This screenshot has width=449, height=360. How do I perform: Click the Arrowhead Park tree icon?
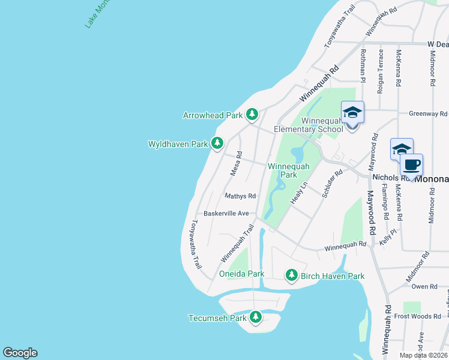(x=252, y=114)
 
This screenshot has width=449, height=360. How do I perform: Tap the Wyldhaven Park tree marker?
(x=217, y=143)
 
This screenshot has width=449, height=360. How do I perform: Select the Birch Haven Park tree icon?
(x=291, y=275)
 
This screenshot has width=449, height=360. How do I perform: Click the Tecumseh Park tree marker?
(x=256, y=317)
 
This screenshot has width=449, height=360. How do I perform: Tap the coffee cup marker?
(x=412, y=165)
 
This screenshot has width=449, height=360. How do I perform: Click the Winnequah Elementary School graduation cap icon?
(x=352, y=112)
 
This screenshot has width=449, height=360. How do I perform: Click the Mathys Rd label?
(x=240, y=196)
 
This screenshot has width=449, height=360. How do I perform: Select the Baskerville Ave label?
(x=226, y=213)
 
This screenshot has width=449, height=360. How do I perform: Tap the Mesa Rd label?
(x=237, y=163)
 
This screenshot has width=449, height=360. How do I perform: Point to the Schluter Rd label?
(x=331, y=184)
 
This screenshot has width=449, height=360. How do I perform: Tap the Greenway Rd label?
(x=428, y=113)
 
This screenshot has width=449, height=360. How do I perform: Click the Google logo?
(x=20, y=353)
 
